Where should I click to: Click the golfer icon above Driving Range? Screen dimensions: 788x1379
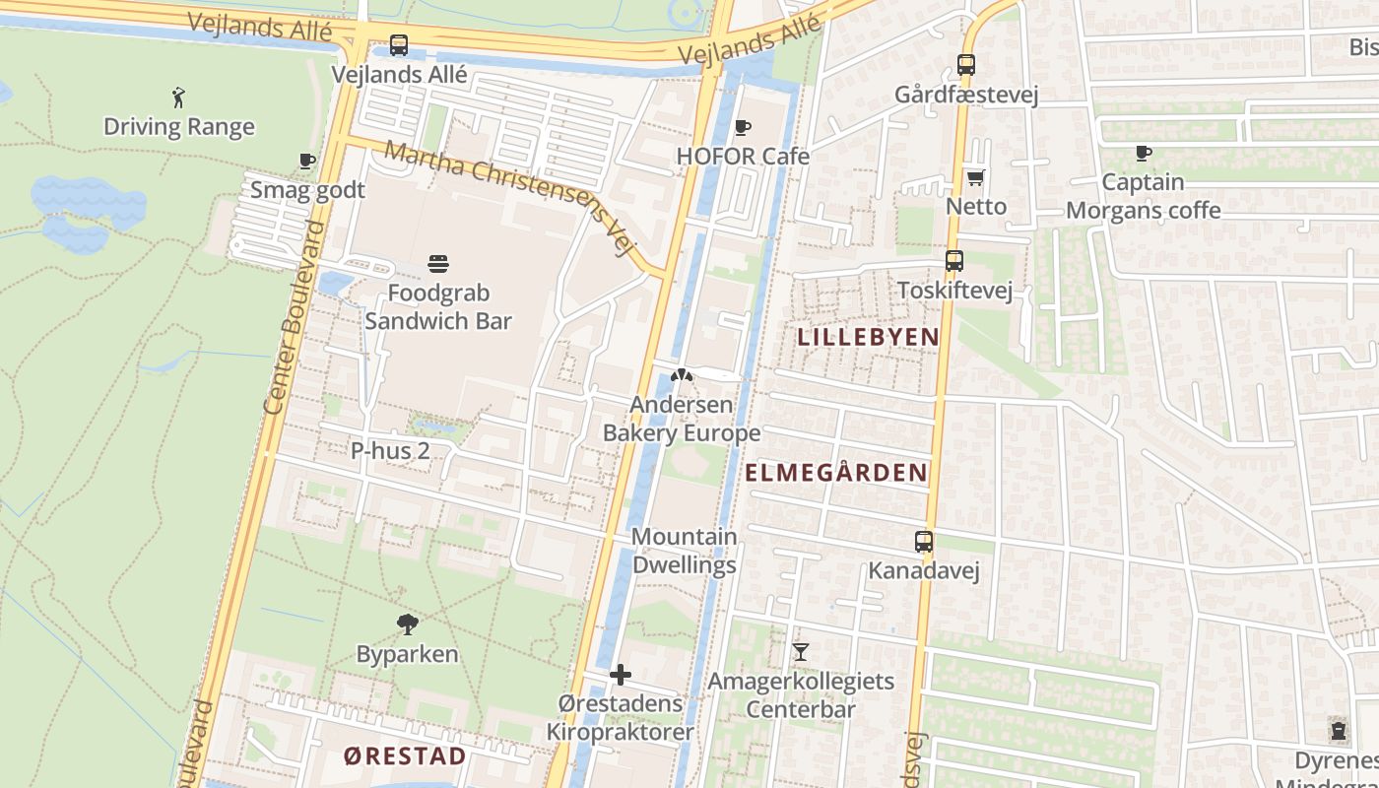click(178, 98)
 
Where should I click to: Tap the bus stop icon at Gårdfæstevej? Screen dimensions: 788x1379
click(966, 66)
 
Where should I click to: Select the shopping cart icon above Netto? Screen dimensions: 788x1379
click(976, 178)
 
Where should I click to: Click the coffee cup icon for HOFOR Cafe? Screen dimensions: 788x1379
click(743, 127)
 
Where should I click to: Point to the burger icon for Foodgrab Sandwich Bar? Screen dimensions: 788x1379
click(438, 264)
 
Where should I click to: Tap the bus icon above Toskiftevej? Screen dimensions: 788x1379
click(954, 262)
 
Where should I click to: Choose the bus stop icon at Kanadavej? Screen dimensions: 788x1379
click(924, 542)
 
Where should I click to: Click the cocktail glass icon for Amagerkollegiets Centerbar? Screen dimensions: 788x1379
click(801, 652)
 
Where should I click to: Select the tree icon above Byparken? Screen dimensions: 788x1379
click(407, 624)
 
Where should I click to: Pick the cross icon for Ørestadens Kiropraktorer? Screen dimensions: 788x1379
click(621, 675)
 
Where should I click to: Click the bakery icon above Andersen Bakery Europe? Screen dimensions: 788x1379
click(682, 375)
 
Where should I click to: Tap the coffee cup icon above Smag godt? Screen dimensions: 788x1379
click(307, 161)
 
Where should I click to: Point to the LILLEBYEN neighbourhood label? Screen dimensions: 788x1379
click(868, 337)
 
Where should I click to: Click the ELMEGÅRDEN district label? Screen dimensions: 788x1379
click(836, 473)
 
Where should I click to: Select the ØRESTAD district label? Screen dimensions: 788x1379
click(406, 756)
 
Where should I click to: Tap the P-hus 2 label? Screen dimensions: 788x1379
click(391, 451)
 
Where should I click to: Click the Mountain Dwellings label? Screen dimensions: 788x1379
click(685, 551)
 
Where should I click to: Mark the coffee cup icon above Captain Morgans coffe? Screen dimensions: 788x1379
click(1144, 153)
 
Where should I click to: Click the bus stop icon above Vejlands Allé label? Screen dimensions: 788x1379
click(399, 45)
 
